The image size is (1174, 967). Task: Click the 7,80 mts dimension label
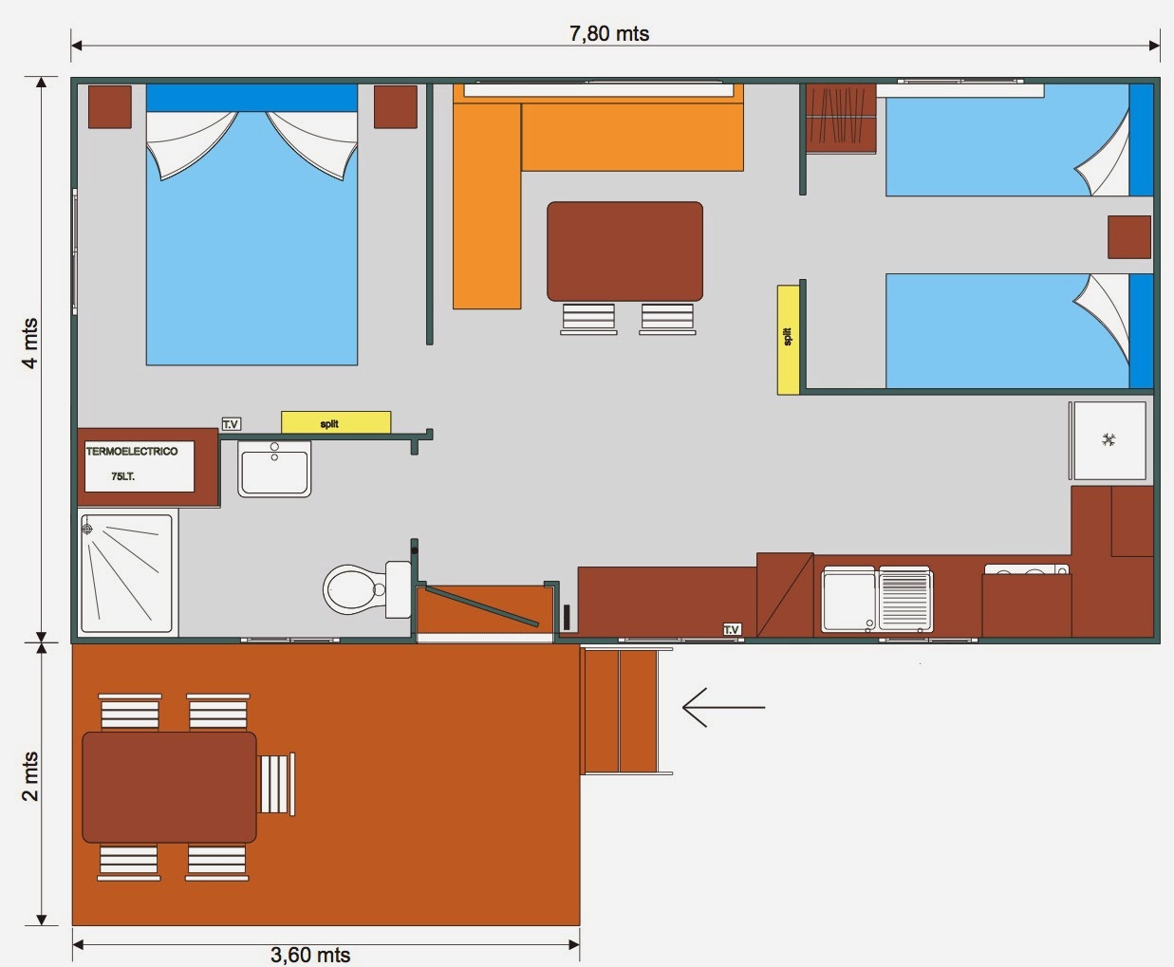click(609, 34)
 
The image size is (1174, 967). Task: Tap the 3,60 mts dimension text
click(310, 955)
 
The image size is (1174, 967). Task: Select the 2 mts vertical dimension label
click(29, 776)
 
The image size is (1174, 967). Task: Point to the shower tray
click(126, 573)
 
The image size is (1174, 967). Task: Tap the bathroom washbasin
click(274, 469)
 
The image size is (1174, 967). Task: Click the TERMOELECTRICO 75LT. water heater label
click(132, 464)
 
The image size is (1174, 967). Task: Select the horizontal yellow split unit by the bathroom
click(336, 423)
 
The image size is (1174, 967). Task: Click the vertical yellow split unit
click(789, 340)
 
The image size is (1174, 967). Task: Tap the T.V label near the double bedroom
click(231, 424)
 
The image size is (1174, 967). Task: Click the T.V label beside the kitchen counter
click(732, 630)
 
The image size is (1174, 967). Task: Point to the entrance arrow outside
click(723, 707)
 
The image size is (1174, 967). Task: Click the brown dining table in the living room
click(624, 251)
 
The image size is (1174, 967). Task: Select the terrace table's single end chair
click(276, 784)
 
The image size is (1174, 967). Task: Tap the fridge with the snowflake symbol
click(1109, 440)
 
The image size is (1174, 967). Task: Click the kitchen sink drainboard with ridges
click(904, 600)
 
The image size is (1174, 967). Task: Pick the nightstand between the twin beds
click(1129, 237)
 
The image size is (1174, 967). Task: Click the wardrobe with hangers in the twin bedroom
click(841, 119)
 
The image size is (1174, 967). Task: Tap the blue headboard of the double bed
click(252, 98)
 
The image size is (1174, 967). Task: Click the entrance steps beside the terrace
click(621, 711)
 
